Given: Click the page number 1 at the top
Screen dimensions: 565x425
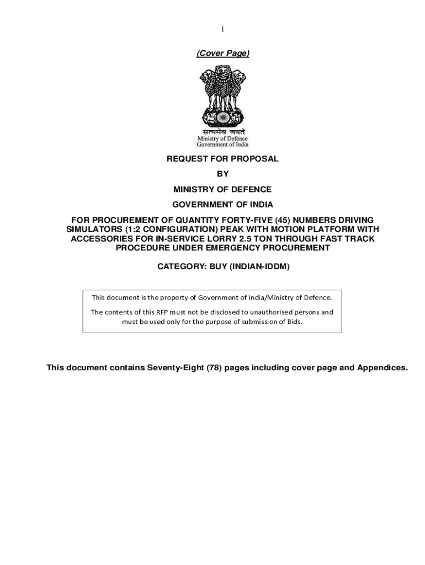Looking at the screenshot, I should coord(222,29).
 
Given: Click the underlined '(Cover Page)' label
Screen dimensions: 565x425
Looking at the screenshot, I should coord(223,53).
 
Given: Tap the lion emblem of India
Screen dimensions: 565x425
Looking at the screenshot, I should coord(223,95).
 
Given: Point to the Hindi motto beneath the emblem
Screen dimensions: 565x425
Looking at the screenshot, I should coord(223,132).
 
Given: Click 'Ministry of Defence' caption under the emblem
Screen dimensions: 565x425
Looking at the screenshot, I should coord(223,138).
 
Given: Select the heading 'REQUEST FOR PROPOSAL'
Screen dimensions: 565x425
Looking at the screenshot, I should coord(223,159).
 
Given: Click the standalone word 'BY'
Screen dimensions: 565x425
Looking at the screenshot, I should coord(223,174).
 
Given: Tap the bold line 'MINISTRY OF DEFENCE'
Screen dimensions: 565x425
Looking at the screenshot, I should coord(223,189).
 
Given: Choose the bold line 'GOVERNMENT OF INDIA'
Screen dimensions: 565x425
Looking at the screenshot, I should coord(223,205).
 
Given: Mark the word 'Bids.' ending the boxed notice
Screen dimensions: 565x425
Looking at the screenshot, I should coord(294,322).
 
